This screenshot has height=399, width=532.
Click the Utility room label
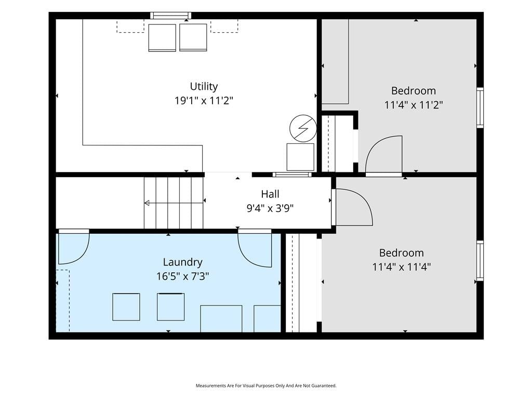(204, 87)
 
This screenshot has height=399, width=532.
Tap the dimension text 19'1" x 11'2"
(204, 101)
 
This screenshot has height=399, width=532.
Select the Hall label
(270, 194)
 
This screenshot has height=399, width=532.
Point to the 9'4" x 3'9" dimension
(270, 208)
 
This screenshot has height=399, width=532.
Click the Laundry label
(182, 262)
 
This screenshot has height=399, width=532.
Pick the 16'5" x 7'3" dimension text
(182, 276)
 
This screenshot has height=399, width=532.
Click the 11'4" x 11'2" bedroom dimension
(413, 105)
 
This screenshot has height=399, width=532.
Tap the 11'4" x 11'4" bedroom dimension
(402, 267)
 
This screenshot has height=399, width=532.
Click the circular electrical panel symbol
(303, 128)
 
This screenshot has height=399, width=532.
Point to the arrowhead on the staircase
(147, 203)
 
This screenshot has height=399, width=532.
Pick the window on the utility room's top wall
(170, 16)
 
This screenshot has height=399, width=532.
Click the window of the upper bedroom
(480, 108)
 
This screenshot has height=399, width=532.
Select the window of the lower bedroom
(480, 261)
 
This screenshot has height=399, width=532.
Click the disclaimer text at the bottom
(266, 386)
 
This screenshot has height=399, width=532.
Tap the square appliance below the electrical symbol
(300, 157)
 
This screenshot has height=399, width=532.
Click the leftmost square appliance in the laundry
(126, 307)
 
